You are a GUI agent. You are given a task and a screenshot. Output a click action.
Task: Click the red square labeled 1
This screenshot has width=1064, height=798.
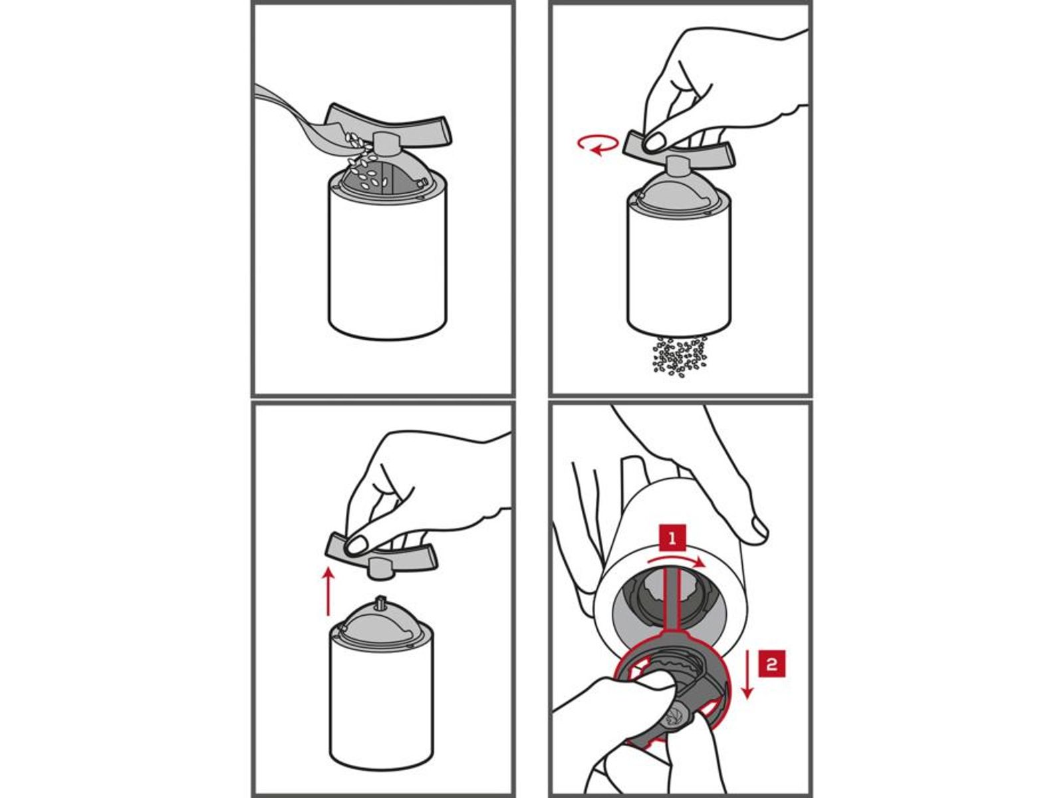click(672, 538)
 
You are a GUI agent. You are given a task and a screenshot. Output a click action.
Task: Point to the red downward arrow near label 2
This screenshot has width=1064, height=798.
click(748, 674)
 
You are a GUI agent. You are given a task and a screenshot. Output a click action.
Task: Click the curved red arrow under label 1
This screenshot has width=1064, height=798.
click(674, 560)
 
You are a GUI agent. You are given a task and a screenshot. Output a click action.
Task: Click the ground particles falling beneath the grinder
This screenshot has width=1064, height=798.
click(679, 356)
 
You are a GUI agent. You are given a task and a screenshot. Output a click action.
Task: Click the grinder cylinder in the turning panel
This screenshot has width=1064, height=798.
click(679, 267)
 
